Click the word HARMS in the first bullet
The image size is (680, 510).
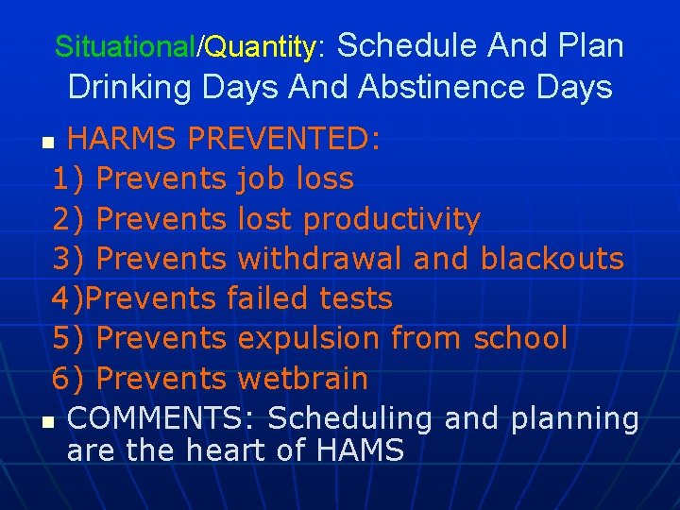click(x=122, y=140)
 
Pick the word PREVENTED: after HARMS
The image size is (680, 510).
click(x=284, y=140)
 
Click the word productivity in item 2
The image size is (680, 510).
click(x=391, y=219)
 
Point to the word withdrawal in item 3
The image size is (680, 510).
click(x=320, y=259)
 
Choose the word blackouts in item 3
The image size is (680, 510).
click(x=552, y=259)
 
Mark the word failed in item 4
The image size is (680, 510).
click(x=267, y=298)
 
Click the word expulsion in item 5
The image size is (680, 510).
click(x=309, y=338)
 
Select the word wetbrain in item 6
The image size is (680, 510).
click(x=302, y=378)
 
